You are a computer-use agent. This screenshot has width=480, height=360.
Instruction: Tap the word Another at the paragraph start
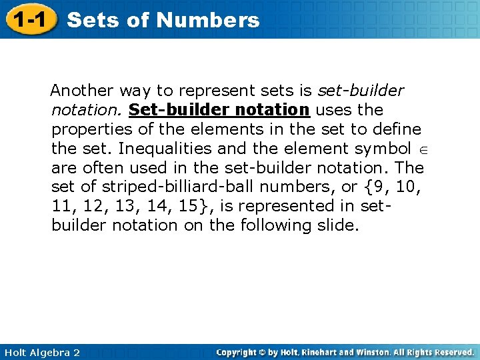[80, 89]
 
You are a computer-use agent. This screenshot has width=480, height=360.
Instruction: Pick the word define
[398, 128]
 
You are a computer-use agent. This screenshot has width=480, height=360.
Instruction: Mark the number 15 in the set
[188, 205]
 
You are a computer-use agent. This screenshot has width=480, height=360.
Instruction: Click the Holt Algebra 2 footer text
[41, 352]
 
